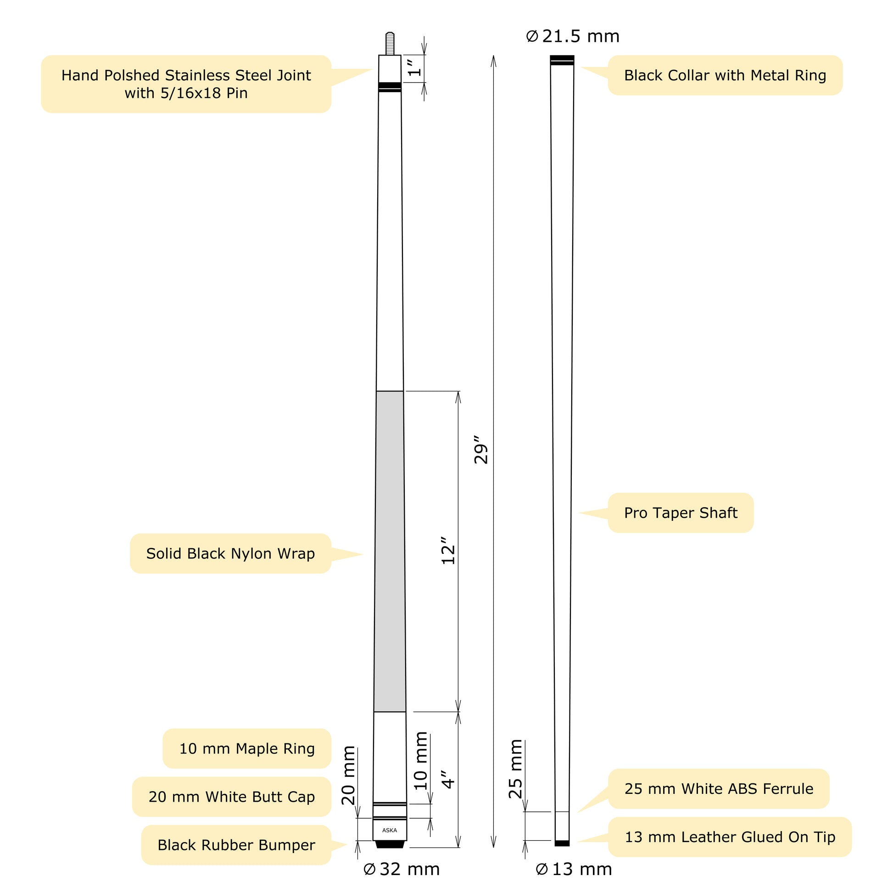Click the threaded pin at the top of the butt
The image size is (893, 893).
(390, 43)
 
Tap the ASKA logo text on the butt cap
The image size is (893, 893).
(390, 830)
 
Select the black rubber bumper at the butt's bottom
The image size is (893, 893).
(390, 844)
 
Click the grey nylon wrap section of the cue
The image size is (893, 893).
(390, 550)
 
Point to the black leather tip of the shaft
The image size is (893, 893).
(562, 843)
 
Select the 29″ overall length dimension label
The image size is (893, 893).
(481, 449)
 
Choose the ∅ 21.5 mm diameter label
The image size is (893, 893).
(573, 37)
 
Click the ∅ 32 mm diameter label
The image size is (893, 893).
(401, 869)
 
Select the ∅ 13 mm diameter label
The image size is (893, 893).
(574, 869)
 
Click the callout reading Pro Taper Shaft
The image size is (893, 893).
(681, 513)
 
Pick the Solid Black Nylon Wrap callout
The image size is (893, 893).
(230, 553)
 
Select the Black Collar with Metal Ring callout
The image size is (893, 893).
(725, 75)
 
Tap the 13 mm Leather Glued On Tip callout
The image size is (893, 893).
(729, 837)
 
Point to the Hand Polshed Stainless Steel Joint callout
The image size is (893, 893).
(186, 84)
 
